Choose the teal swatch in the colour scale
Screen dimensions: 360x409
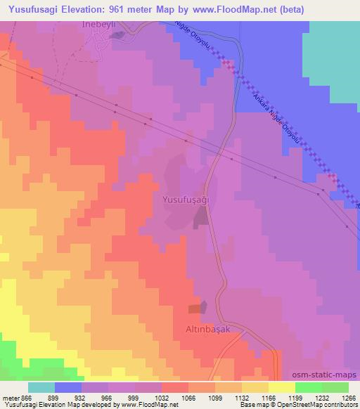pos(41,387)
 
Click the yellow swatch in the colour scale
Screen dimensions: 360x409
pos(281,387)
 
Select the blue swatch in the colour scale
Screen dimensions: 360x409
pos(68,387)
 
